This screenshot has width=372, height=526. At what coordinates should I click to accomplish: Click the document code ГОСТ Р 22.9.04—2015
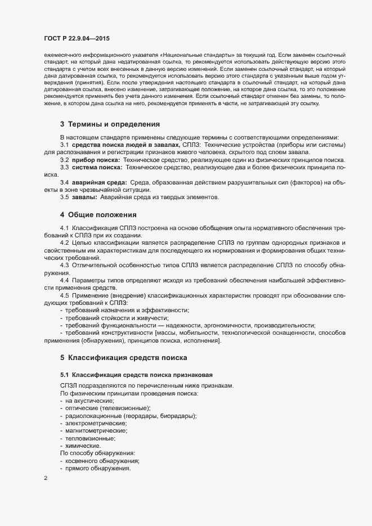pyautogui.click(x=77, y=38)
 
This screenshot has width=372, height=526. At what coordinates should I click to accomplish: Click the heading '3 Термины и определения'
pyautogui.click(x=110, y=124)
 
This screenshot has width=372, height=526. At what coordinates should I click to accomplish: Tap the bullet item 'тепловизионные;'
pyautogui.click(x=91, y=438)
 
